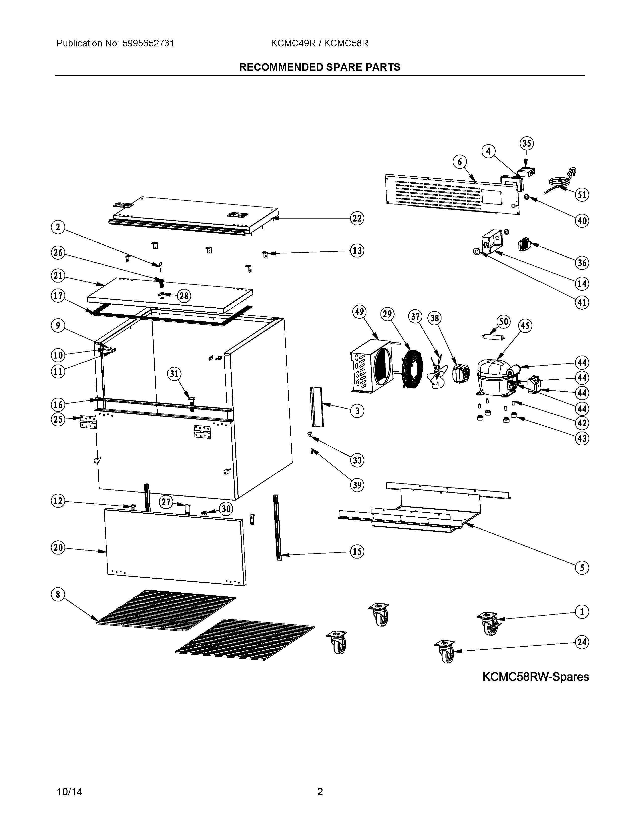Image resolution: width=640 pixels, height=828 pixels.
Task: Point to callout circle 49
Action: pyautogui.click(x=359, y=312)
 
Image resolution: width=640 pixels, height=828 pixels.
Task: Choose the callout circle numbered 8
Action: pyautogui.click(x=58, y=594)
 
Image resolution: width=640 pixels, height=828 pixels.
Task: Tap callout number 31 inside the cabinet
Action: pyautogui.click(x=174, y=374)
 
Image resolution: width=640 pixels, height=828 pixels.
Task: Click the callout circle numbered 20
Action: pyautogui.click(x=58, y=547)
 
